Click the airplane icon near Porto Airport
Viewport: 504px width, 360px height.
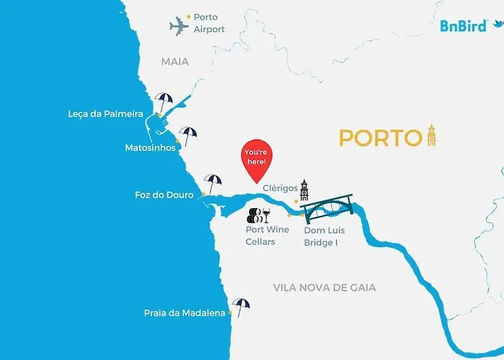[x=179, y=27]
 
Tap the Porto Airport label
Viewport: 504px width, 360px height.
[x=209, y=23]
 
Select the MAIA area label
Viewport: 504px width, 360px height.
[x=175, y=62]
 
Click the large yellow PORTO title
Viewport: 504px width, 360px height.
[x=380, y=138]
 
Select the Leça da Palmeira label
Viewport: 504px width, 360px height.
[x=106, y=114]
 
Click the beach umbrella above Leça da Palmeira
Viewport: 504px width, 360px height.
[x=164, y=100]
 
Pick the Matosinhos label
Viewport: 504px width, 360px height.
[x=150, y=148]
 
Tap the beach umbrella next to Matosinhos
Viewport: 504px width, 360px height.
[x=188, y=135]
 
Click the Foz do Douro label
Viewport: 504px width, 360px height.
[x=164, y=195]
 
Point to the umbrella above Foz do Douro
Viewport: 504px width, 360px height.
[x=212, y=182]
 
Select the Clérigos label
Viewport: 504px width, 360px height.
[x=280, y=189]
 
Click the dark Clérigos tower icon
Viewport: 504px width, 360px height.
[x=305, y=190]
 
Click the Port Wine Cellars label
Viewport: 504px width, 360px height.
[x=267, y=235]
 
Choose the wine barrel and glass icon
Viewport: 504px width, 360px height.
[x=258, y=215]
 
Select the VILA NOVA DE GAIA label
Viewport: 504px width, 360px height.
[x=325, y=287]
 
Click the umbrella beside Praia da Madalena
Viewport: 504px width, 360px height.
[x=240, y=307]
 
